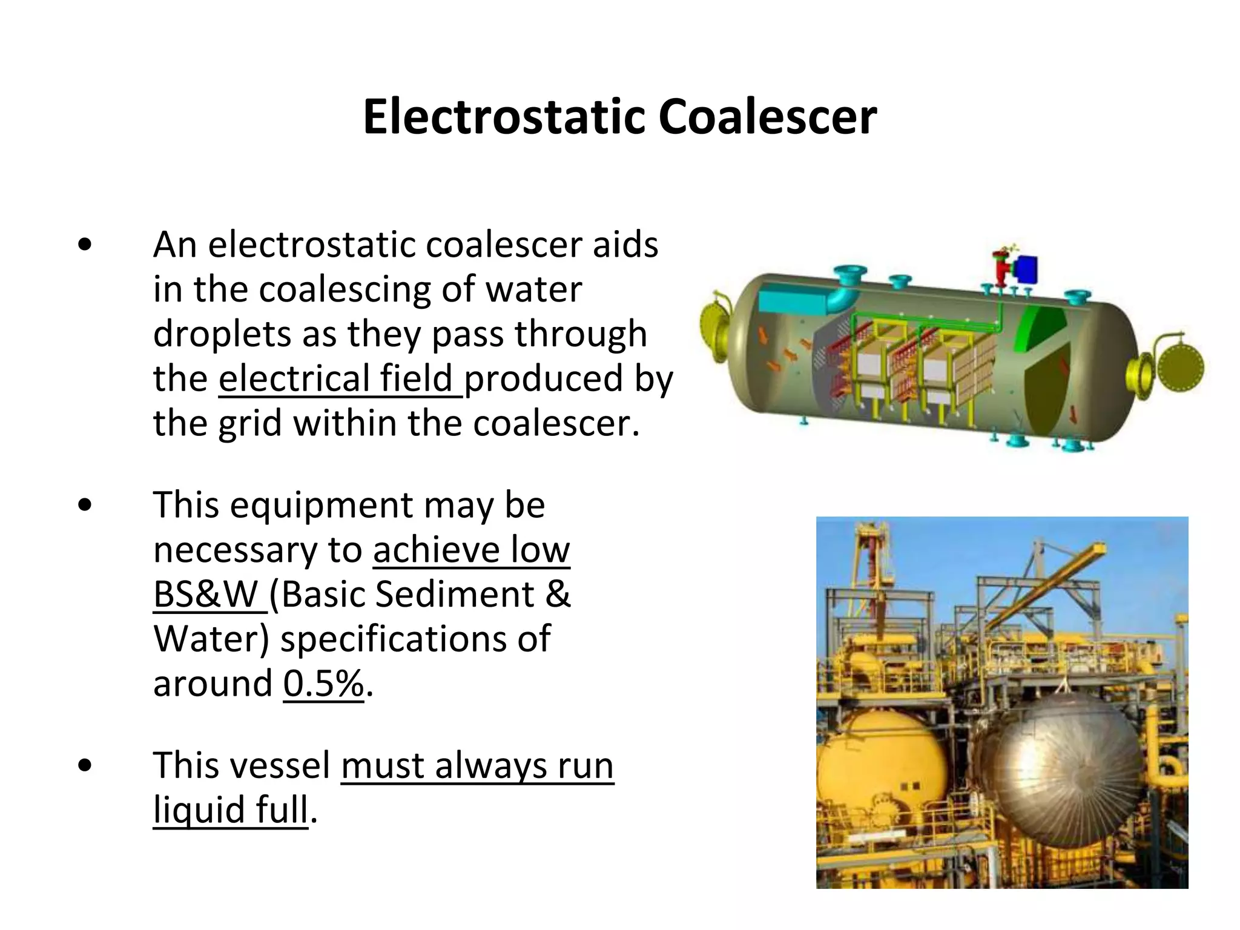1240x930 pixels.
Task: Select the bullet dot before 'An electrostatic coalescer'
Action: [85, 245]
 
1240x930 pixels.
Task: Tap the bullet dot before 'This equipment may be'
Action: [85, 505]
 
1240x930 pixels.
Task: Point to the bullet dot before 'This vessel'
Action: [85, 765]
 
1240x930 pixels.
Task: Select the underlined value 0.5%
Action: [323, 683]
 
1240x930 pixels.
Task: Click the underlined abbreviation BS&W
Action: [206, 594]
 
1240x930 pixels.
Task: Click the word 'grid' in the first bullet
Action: [249, 423]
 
